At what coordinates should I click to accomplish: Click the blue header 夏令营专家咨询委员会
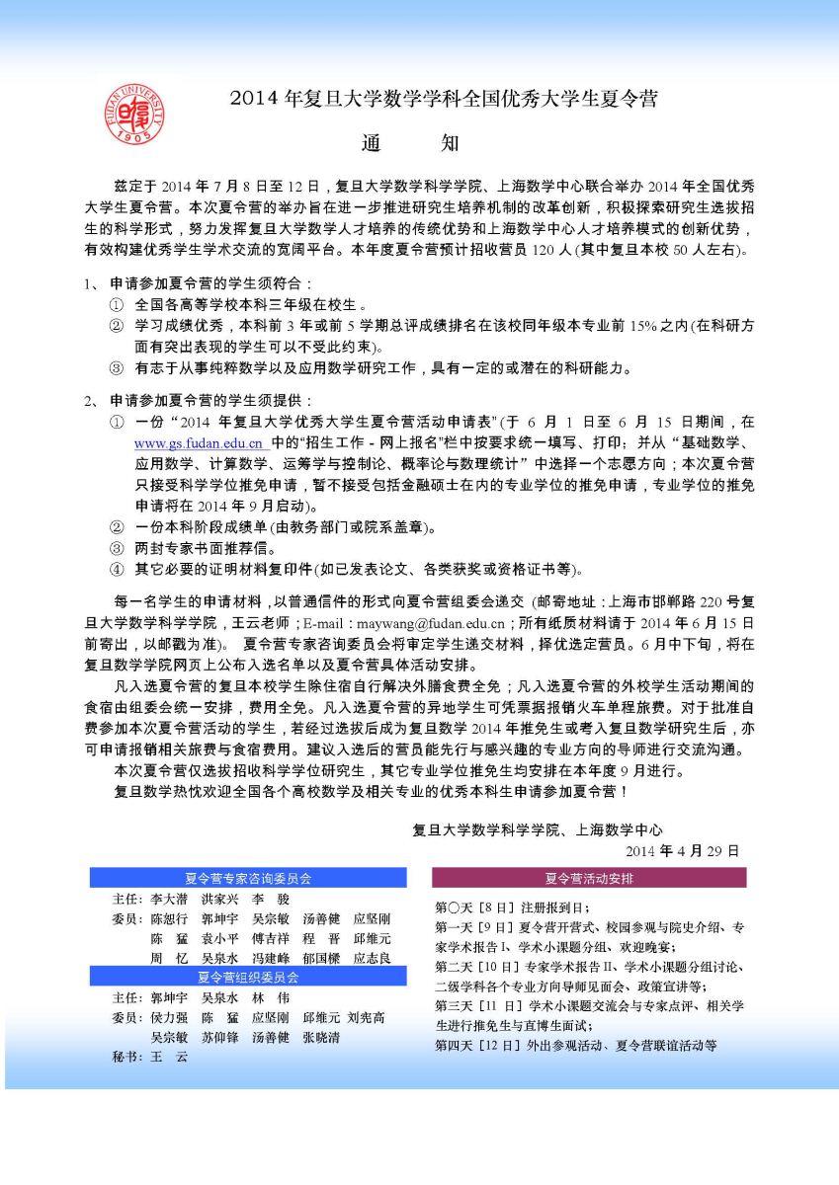click(248, 877)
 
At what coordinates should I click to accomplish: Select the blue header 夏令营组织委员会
click(248, 977)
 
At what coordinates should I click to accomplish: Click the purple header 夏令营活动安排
click(589, 877)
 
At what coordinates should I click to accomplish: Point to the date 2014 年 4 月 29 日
click(681, 850)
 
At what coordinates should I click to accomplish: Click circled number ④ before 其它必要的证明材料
click(117, 569)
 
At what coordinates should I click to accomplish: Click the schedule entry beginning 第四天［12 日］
click(575, 1045)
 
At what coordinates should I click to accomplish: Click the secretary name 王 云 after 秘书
click(168, 1057)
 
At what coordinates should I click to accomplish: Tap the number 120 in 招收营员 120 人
click(545, 251)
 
